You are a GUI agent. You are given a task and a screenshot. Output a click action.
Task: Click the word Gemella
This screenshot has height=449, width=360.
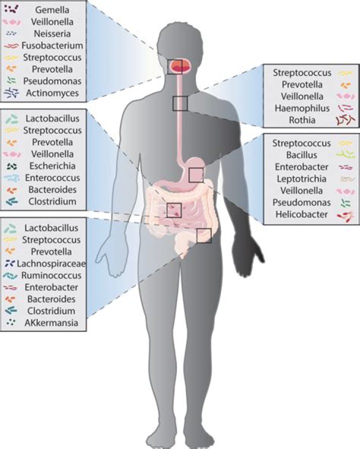click(51, 9)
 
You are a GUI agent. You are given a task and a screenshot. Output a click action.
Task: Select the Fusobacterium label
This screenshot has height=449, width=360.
click(56, 45)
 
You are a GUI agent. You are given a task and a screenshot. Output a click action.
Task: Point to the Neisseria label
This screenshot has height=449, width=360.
click(51, 33)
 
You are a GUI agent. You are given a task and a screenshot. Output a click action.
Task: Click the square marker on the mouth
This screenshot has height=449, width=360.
click(175, 66)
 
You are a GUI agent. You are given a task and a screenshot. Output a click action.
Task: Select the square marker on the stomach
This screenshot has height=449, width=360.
click(196, 174)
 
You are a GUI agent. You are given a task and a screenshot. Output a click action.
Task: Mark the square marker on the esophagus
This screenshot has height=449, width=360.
click(180, 103)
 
